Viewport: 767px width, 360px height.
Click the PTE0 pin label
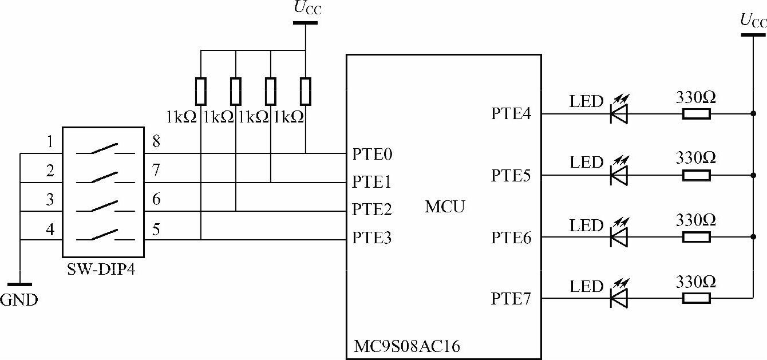pyautogui.click(x=371, y=155)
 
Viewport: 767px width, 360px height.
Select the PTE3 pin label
pyautogui.click(x=371, y=238)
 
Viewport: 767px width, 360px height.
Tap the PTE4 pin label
pyautogui.click(x=511, y=113)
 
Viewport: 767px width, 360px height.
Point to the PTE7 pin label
pyautogui.click(x=511, y=299)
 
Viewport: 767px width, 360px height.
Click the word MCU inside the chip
pyautogui.click(x=445, y=207)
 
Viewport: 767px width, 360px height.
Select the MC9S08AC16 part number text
pyautogui.click(x=407, y=346)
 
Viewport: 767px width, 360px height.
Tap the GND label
pyautogui.click(x=19, y=299)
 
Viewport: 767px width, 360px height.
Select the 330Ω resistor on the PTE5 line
pyautogui.click(x=696, y=175)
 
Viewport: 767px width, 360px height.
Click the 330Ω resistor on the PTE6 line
pyautogui.click(x=696, y=237)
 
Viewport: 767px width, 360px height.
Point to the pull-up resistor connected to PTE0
pyautogui.click(x=306, y=92)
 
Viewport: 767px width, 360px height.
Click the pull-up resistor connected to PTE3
pyautogui.click(x=201, y=92)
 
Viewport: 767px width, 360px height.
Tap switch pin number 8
pyautogui.click(x=156, y=141)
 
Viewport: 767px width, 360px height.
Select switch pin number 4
pyautogui.click(x=50, y=230)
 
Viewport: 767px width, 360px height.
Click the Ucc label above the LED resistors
pyautogui.click(x=752, y=21)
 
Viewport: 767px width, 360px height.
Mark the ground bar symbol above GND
pyautogui.click(x=19, y=284)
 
